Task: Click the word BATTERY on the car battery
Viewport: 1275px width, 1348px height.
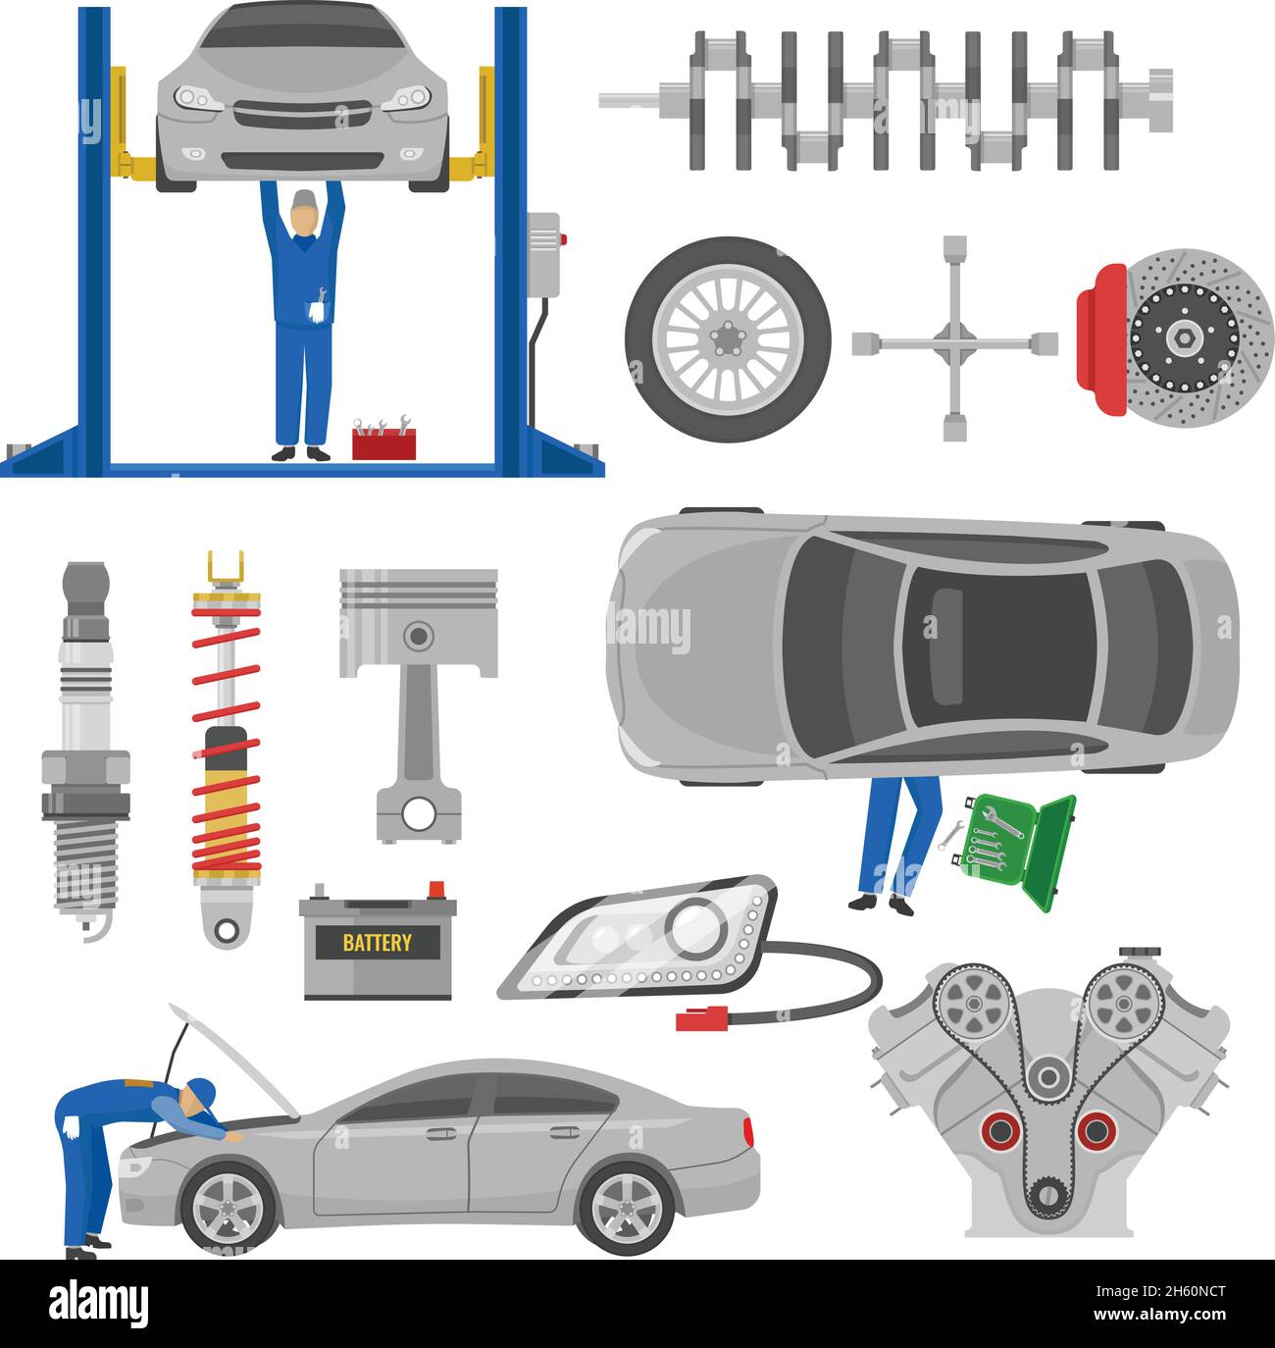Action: [377, 944]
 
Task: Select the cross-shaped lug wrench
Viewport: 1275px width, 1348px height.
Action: [953, 339]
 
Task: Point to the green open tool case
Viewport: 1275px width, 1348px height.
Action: [1020, 845]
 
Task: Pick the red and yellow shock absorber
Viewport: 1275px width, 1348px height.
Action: [227, 751]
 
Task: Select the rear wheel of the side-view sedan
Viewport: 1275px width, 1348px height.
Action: [627, 1206]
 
